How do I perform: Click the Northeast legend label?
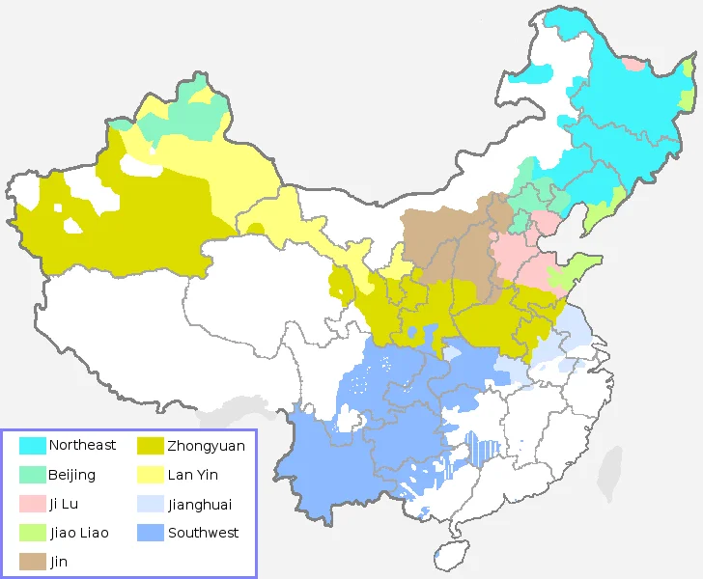tap(82, 445)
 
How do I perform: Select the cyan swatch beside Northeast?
tap(33, 446)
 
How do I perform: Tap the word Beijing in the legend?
tap(71, 475)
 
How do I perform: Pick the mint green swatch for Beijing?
tap(33, 475)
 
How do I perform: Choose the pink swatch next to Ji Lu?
tap(33, 504)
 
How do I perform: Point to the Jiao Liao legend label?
tap(78, 533)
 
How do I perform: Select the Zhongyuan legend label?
tap(206, 446)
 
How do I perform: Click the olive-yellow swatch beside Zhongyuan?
tap(151, 446)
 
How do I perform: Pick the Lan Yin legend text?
tap(192, 475)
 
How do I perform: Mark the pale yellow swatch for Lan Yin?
tap(151, 475)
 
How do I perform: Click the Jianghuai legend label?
tap(200, 504)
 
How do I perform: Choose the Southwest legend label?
tap(203, 533)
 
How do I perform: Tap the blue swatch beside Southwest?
tap(151, 533)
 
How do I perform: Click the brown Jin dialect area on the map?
tap(444, 246)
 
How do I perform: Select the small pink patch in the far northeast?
tap(633, 65)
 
